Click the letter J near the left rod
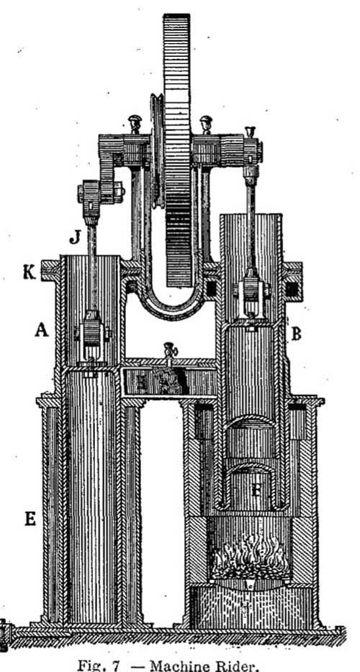[x=75, y=236]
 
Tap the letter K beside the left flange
[x=30, y=272]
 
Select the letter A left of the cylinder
[x=42, y=330]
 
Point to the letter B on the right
[x=296, y=334]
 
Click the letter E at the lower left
[x=30, y=519]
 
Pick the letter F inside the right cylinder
[x=256, y=490]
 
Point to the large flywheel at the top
[x=176, y=150]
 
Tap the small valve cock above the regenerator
[x=170, y=350]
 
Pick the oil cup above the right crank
[x=250, y=133]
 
